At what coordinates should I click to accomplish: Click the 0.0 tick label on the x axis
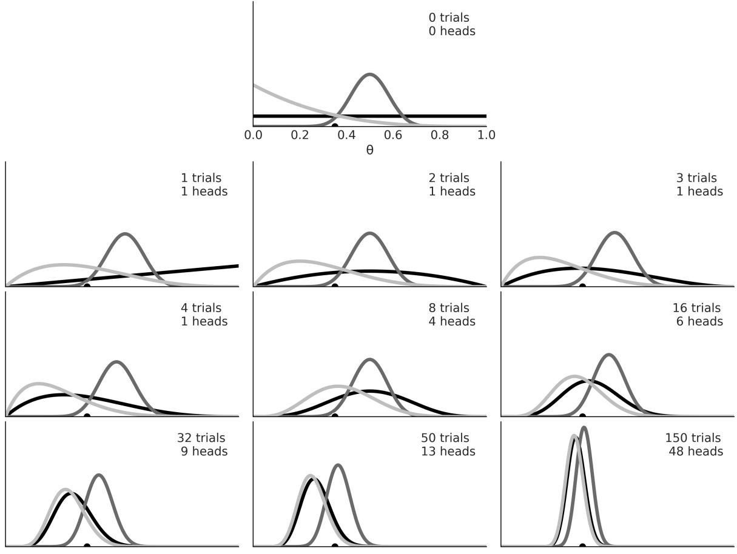click(253, 135)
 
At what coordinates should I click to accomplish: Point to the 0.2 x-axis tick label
click(300, 135)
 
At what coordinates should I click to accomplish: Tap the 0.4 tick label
click(346, 135)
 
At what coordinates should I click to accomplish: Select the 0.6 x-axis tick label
click(393, 135)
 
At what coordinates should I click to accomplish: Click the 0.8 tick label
click(440, 135)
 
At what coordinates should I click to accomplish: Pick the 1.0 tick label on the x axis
click(486, 135)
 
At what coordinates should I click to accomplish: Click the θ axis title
click(369, 150)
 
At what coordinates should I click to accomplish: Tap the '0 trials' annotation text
click(449, 18)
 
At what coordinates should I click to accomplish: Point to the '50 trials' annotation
click(445, 438)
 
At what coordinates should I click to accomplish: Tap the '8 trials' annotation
click(449, 309)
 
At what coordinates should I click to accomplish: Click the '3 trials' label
click(696, 178)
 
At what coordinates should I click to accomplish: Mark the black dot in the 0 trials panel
click(335, 125)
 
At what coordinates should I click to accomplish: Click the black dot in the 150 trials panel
click(582, 546)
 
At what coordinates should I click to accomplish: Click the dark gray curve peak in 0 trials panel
click(370, 75)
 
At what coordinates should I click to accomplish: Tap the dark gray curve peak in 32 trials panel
click(99, 475)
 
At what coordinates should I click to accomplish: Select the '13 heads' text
click(448, 452)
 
